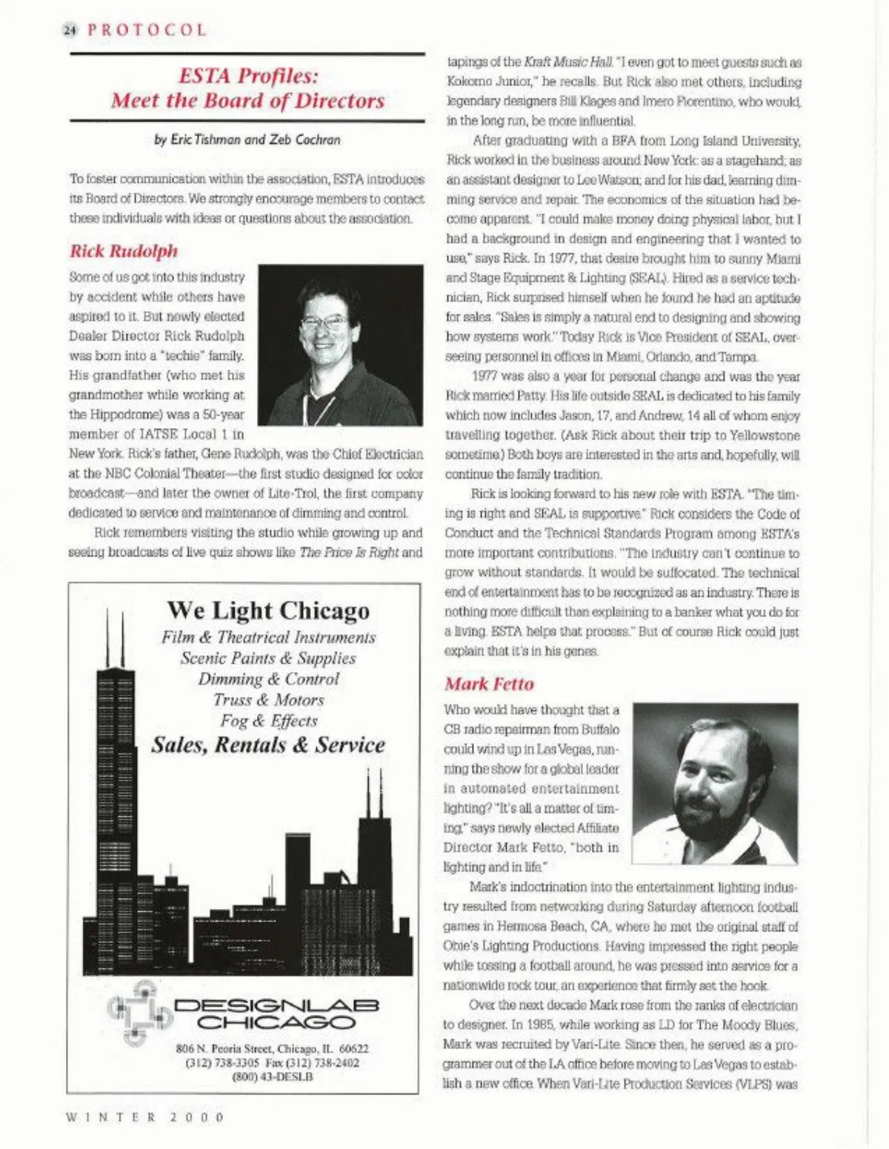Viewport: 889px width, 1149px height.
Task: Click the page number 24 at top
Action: [x=70, y=30]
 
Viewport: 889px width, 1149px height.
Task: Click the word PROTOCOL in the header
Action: [x=147, y=30]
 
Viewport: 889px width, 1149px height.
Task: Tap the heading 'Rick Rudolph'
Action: [x=124, y=251]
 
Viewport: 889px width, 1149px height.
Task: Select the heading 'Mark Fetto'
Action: [x=489, y=684]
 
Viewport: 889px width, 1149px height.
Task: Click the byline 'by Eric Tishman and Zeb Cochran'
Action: [x=247, y=139]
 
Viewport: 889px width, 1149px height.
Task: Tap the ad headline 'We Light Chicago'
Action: [x=268, y=610]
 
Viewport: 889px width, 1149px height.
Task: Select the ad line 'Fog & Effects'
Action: [x=268, y=721]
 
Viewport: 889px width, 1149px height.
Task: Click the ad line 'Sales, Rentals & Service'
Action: [x=268, y=745]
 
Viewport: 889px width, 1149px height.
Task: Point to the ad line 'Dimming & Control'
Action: [x=268, y=679]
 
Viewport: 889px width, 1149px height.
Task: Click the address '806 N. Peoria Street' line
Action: [x=272, y=1049]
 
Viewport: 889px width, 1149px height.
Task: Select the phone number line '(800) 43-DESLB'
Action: [x=272, y=1076]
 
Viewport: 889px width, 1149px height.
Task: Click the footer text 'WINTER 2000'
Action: [x=145, y=1116]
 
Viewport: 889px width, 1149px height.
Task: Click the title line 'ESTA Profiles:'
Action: [x=248, y=76]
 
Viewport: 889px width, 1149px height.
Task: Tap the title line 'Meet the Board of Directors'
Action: [x=248, y=101]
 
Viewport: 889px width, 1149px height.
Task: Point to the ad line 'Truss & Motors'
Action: [x=268, y=700]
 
